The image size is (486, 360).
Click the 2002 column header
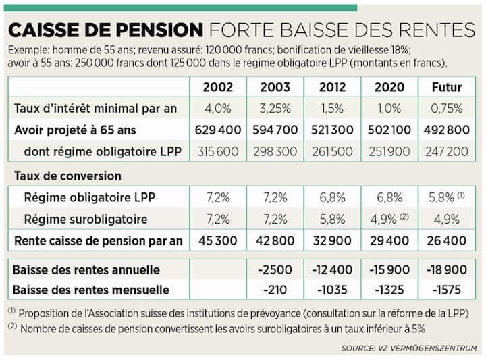tap(217, 87)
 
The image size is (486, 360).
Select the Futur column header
tap(446, 87)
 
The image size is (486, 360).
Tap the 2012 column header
tap(332, 87)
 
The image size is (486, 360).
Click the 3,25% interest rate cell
tap(275, 108)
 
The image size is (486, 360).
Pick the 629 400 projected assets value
tap(217, 130)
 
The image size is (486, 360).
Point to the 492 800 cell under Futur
tap(446, 130)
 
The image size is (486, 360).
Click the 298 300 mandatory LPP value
tap(275, 151)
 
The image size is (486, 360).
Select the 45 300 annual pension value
tap(217, 240)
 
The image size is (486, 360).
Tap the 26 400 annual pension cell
tap(446, 240)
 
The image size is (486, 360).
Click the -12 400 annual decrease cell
tap(332, 269)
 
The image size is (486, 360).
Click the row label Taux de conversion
tap(67, 176)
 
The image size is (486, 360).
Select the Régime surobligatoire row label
tap(85, 219)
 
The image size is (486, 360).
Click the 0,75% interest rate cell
tap(446, 108)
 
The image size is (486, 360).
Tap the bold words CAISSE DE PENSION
tap(105, 30)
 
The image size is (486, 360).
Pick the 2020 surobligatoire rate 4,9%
tap(386, 219)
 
